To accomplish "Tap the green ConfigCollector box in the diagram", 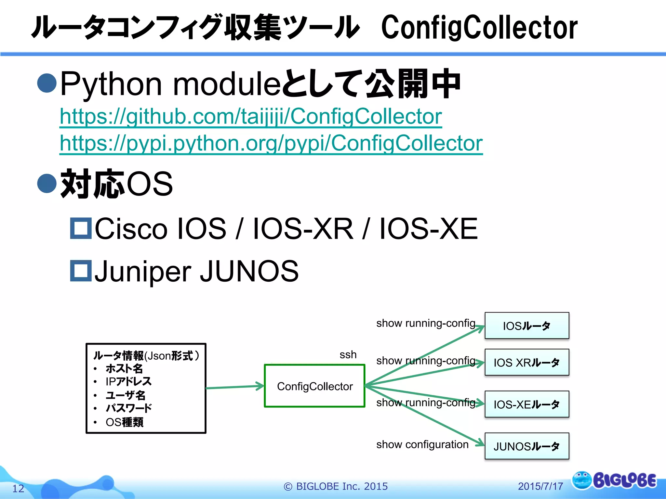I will [x=314, y=386].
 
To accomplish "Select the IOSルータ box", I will [x=526, y=326].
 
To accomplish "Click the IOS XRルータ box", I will [x=526, y=362].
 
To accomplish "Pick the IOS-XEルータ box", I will [x=526, y=404].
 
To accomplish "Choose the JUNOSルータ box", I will [x=526, y=446].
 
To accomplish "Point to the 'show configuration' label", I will [x=422, y=444].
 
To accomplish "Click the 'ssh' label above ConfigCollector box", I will [x=348, y=354].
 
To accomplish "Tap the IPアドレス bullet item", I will [x=128, y=381].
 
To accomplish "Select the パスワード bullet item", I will [x=128, y=408].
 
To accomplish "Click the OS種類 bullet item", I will [x=124, y=422].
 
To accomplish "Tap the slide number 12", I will [x=18, y=488].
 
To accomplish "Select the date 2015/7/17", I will [x=540, y=486].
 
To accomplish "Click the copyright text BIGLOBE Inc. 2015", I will [x=336, y=486].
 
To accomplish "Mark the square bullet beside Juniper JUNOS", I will [x=81, y=271].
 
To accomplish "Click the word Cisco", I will [x=131, y=229].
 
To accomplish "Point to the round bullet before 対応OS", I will [x=47, y=183].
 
